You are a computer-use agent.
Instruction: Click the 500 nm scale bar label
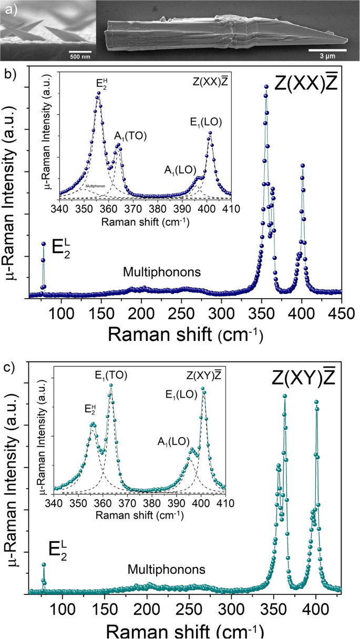click(x=80, y=56)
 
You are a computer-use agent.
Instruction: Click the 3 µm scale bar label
click(x=326, y=56)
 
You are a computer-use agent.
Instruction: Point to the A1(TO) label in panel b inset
click(x=130, y=136)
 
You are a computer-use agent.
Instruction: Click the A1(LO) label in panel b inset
click(x=180, y=169)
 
